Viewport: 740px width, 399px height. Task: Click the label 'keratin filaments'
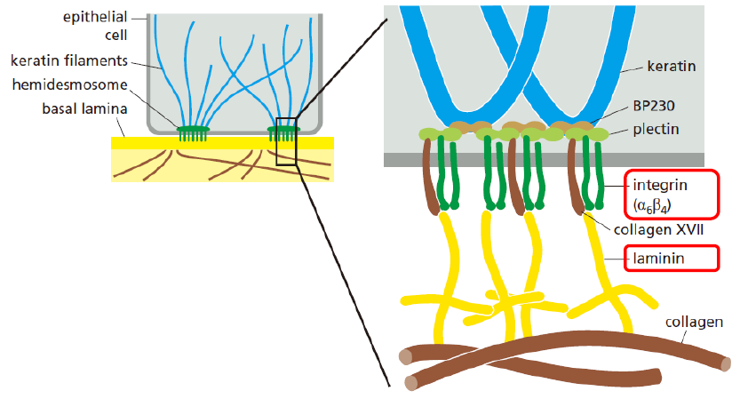click(x=69, y=61)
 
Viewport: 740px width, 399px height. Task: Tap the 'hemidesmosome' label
click(x=70, y=85)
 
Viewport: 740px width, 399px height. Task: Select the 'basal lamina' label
click(x=84, y=109)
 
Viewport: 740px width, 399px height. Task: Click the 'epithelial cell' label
click(x=95, y=26)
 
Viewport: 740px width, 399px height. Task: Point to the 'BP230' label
click(x=654, y=106)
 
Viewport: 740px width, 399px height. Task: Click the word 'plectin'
click(x=656, y=130)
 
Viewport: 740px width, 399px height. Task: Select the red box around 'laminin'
click(x=672, y=259)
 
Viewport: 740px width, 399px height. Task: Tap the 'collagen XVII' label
click(x=658, y=230)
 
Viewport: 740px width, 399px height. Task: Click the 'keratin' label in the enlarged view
click(x=671, y=66)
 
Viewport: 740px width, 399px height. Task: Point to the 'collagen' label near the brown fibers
click(x=694, y=323)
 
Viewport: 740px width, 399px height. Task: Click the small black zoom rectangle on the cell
click(x=286, y=141)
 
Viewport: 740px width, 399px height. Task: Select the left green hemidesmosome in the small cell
click(x=192, y=133)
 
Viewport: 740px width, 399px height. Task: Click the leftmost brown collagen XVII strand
click(x=430, y=178)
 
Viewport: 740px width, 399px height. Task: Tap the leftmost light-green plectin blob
click(x=433, y=134)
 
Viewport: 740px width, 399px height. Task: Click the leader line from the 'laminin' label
click(x=614, y=259)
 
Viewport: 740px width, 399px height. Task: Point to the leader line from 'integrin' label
click(x=614, y=186)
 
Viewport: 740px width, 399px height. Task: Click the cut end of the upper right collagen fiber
click(x=726, y=363)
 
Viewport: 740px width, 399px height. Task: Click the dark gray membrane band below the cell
click(x=544, y=160)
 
